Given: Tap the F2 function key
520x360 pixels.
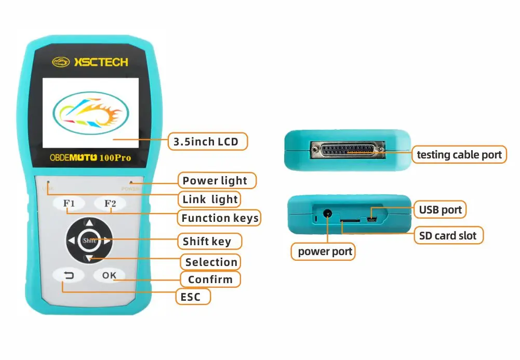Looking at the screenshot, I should [x=110, y=204].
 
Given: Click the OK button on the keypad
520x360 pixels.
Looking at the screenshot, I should [x=109, y=275].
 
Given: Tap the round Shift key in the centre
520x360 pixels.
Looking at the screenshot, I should [x=89, y=241].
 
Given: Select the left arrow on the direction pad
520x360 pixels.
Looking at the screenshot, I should [x=71, y=241].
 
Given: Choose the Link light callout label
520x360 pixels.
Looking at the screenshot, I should [x=210, y=199].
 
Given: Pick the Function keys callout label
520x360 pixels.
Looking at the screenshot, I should [x=220, y=218].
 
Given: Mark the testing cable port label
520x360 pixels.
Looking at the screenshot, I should [x=459, y=154].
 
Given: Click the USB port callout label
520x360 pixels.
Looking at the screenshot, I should [x=441, y=210].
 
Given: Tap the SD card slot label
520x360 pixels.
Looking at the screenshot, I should [x=448, y=236].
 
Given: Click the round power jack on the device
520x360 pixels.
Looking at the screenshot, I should [x=328, y=213].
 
